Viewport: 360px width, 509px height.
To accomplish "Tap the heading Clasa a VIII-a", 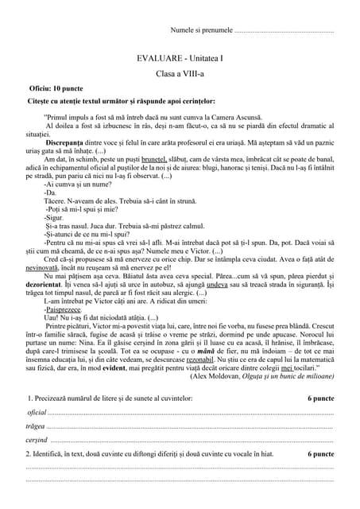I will (x=180, y=73).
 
